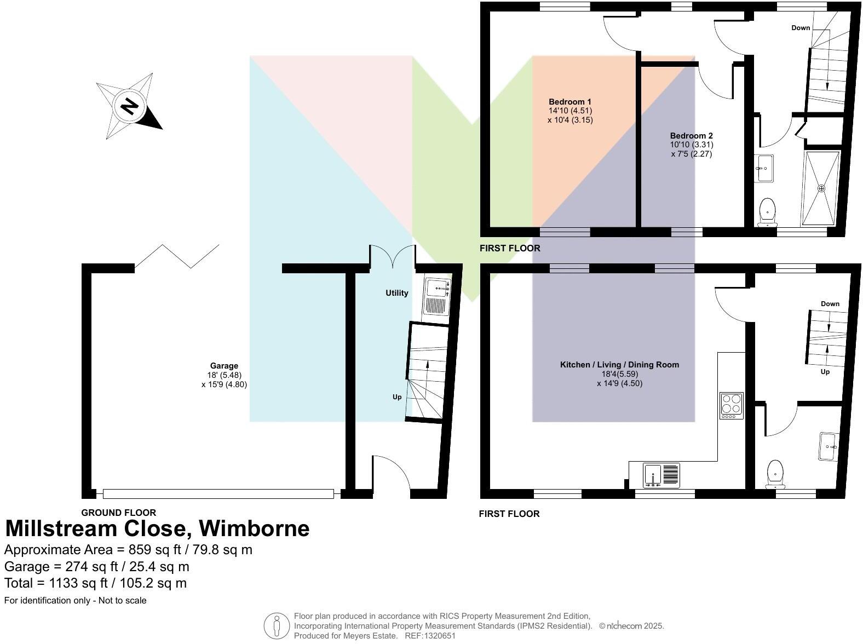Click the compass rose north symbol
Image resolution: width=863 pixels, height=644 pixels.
129,106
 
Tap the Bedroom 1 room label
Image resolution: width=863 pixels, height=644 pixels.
570,102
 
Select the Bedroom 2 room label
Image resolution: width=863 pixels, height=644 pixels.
691,136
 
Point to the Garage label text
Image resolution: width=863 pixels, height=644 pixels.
224,366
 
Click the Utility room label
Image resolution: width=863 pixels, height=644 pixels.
396,293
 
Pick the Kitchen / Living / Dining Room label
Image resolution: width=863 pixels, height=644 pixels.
619,365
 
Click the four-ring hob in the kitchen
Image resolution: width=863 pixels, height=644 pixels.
732,406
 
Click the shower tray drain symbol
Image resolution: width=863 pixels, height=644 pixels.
821,188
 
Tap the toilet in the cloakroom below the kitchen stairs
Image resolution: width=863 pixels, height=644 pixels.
775,474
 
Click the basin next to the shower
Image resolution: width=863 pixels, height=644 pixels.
764,168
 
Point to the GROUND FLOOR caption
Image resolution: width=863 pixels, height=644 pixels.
119,513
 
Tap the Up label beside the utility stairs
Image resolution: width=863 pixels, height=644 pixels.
397,397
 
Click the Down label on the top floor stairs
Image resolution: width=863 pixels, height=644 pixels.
801,28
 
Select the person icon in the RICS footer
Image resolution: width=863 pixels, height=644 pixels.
277,625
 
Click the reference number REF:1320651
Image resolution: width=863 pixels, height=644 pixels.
430,636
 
